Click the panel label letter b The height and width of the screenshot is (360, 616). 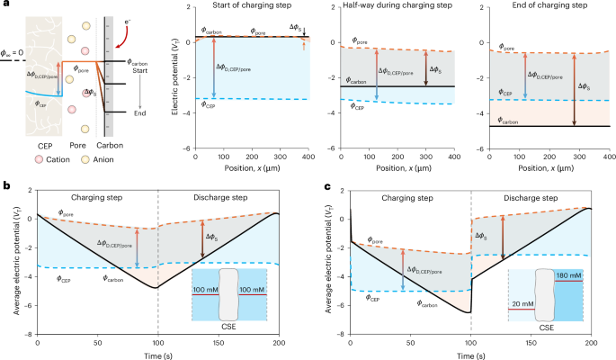tap(7, 185)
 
